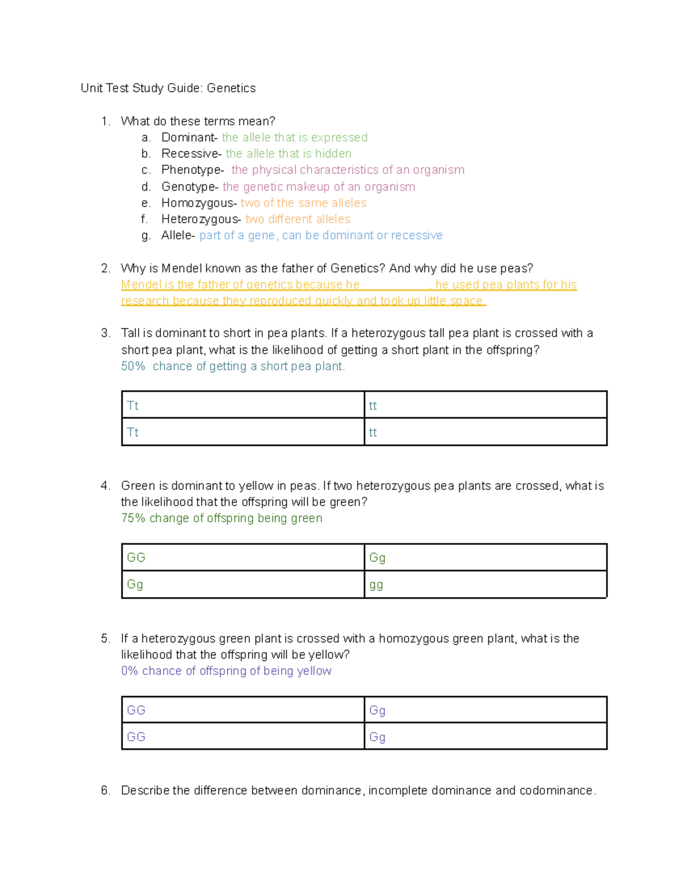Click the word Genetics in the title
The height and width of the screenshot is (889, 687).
tap(231, 88)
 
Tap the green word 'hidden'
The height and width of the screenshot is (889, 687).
tap(333, 153)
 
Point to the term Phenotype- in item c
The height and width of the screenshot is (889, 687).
tap(192, 170)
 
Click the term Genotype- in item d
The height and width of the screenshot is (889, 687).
tap(189, 187)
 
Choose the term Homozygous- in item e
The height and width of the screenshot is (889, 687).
tap(199, 203)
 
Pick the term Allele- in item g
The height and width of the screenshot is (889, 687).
tap(178, 235)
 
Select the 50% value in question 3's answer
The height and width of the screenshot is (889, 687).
tap(133, 366)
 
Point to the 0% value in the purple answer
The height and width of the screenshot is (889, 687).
tap(129, 671)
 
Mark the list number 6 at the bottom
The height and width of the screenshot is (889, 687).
tap(105, 791)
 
